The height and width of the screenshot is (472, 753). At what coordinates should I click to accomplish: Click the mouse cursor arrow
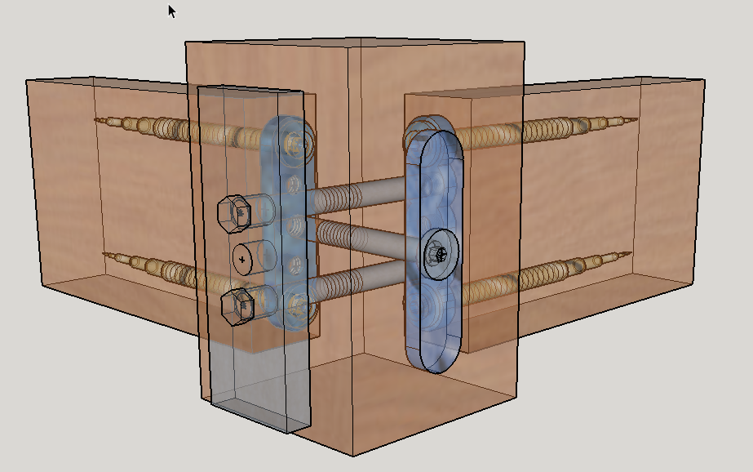pos(171,11)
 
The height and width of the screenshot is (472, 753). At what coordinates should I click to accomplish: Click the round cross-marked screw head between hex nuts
pos(242,258)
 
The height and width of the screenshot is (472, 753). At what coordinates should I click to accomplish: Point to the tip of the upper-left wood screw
pos(97,121)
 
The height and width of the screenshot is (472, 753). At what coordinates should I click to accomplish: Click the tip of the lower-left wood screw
pos(106,254)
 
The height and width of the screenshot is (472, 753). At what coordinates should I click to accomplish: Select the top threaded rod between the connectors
pos(359,194)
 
